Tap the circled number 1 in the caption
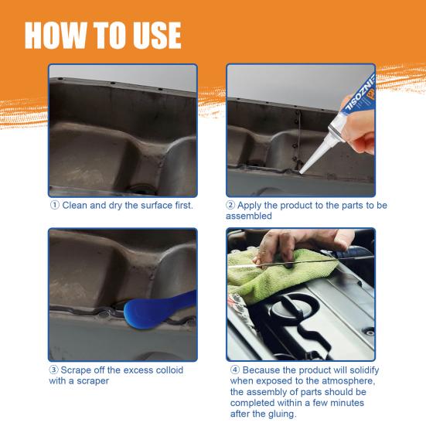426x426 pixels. (55, 206)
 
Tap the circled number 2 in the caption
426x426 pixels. (231, 206)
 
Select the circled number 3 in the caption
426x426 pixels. (55, 370)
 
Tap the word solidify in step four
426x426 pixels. (359, 370)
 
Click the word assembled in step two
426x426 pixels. (249, 216)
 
